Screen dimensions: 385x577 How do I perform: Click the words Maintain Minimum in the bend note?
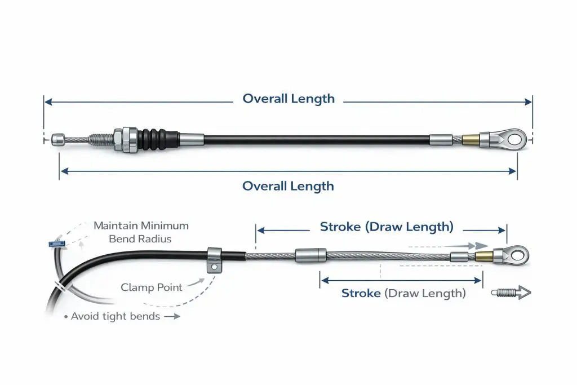pyautogui.click(x=141, y=225)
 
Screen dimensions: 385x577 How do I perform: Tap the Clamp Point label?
pyautogui.click(x=152, y=287)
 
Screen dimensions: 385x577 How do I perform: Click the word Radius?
pyautogui.click(x=158, y=239)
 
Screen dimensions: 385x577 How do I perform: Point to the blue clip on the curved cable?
pyautogui.click(x=55, y=244)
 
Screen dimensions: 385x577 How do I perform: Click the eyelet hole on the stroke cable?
pyautogui.click(x=517, y=255)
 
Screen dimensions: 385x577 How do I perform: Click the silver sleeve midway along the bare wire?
pyautogui.click(x=310, y=255)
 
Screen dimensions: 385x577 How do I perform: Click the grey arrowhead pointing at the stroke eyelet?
pyautogui.click(x=480, y=246)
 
